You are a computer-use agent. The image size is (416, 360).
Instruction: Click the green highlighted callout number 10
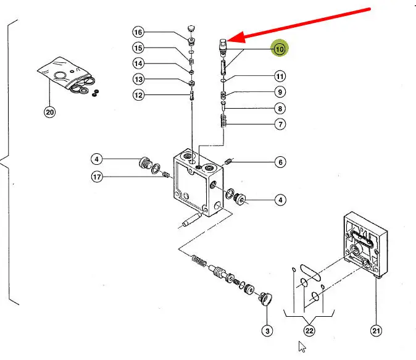pyautogui.click(x=280, y=49)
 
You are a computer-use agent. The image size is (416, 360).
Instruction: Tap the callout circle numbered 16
pyautogui.click(x=138, y=32)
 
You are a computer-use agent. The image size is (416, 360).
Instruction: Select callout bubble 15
pyautogui.click(x=138, y=48)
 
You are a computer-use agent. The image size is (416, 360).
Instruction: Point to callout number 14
pyautogui.click(x=138, y=64)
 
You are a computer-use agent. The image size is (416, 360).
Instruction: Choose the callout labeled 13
pyautogui.click(x=138, y=80)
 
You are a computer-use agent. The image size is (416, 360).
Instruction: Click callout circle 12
pyautogui.click(x=138, y=95)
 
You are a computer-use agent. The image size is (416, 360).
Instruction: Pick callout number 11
pyautogui.click(x=280, y=77)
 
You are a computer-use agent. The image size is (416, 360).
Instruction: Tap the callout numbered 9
pyautogui.click(x=280, y=93)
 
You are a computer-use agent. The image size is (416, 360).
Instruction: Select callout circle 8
pyautogui.click(x=280, y=109)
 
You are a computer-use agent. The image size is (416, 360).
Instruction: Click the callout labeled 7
pyautogui.click(x=280, y=125)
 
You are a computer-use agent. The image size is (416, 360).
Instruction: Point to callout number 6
pyautogui.click(x=280, y=162)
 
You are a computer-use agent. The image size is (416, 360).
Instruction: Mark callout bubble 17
pyautogui.click(x=97, y=178)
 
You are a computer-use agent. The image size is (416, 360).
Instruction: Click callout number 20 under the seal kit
pyautogui.click(x=49, y=112)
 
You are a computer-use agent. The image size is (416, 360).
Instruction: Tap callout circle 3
pyautogui.click(x=267, y=332)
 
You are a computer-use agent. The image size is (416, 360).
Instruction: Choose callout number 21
pyautogui.click(x=376, y=332)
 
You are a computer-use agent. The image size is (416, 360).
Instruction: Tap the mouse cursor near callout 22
pyautogui.click(x=302, y=346)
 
